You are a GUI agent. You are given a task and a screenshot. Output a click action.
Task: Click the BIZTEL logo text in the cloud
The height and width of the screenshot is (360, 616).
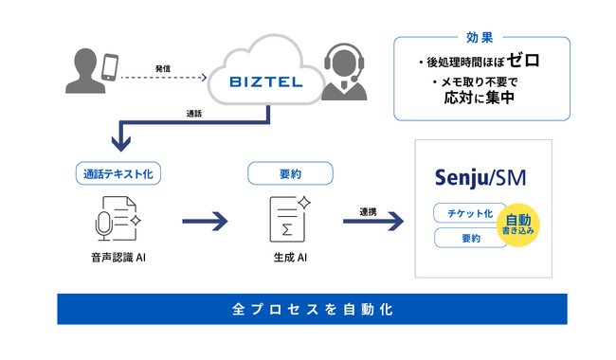click(x=266, y=81)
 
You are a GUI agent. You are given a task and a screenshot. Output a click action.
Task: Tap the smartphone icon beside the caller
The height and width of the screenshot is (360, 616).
click(x=110, y=67)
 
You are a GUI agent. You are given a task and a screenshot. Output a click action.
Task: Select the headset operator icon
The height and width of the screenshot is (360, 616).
click(x=344, y=72)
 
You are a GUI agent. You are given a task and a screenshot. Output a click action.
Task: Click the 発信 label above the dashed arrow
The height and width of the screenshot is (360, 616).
click(x=163, y=69)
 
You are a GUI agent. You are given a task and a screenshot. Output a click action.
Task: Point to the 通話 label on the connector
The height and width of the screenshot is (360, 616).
click(x=194, y=114)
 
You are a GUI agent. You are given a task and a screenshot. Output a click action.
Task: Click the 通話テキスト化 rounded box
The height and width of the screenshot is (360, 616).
click(x=118, y=173)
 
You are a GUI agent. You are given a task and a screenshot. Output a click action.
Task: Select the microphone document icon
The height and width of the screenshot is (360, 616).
click(x=118, y=219)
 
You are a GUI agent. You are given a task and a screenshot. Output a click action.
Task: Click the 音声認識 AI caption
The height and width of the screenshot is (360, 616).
click(x=118, y=258)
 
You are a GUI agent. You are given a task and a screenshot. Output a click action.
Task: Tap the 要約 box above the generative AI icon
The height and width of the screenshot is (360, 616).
click(x=290, y=173)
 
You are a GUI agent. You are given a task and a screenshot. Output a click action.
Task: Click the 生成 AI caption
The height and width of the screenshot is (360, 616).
click(x=290, y=258)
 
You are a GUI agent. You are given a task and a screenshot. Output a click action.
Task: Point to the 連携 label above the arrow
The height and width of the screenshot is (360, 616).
click(x=368, y=212)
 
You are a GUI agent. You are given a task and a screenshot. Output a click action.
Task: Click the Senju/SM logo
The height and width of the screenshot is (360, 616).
click(x=480, y=178)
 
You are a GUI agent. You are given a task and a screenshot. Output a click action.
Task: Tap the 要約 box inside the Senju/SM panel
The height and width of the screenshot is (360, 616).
click(x=471, y=238)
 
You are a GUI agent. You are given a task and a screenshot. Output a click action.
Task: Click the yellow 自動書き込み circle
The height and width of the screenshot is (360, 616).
click(x=518, y=225)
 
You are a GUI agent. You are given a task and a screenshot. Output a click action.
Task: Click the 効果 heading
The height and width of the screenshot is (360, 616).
click(x=480, y=38)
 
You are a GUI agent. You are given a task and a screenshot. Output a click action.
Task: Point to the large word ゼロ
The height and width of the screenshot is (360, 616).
click(x=523, y=60)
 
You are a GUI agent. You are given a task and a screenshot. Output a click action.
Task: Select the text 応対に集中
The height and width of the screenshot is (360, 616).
click(x=480, y=98)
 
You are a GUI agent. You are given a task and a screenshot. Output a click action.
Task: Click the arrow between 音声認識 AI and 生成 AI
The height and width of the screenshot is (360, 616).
click(x=205, y=222)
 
